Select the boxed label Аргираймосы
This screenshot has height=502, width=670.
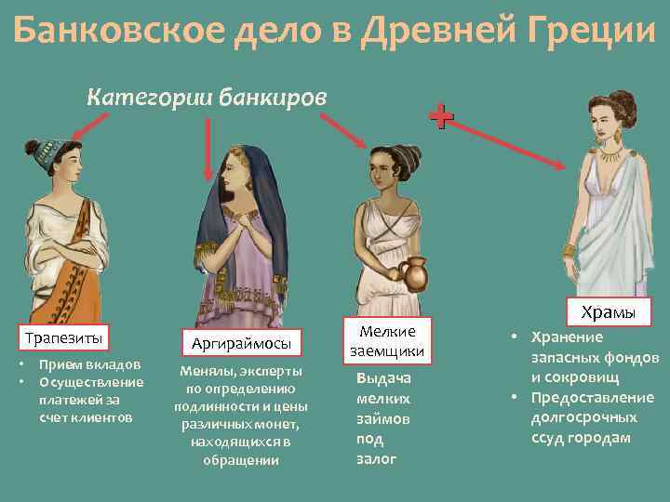pyautogui.click(x=241, y=343)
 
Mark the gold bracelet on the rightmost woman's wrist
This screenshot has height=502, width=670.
pyautogui.click(x=569, y=250)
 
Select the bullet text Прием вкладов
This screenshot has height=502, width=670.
pyautogui.click(x=89, y=364)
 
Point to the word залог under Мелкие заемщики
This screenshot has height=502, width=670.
pyautogui.click(x=376, y=459)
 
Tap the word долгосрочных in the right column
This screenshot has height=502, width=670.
pyautogui.click(x=583, y=417)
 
